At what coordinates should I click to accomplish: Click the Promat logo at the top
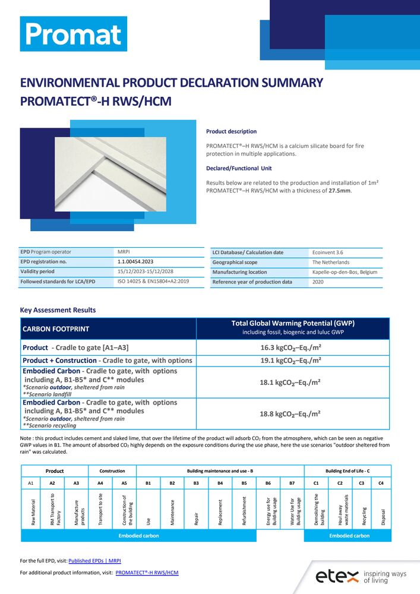(x=74, y=34)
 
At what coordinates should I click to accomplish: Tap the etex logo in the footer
(x=360, y=575)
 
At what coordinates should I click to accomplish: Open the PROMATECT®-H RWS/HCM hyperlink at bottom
(x=147, y=573)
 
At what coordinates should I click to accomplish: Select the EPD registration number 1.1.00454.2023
(x=135, y=261)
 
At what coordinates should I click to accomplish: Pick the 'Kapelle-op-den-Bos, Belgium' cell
(x=345, y=272)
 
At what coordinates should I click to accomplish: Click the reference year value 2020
(x=319, y=282)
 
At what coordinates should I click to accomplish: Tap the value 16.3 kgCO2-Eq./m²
(x=292, y=348)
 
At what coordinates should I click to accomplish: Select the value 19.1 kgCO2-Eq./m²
(x=292, y=361)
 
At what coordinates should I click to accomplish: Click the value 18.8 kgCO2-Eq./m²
(x=292, y=414)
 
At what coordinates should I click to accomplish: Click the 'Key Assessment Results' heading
(x=58, y=310)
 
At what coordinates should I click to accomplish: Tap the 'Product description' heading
(x=231, y=131)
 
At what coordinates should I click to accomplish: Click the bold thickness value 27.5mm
(x=340, y=191)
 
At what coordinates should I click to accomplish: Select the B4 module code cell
(x=220, y=484)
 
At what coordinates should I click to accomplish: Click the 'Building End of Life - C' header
(x=348, y=471)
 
